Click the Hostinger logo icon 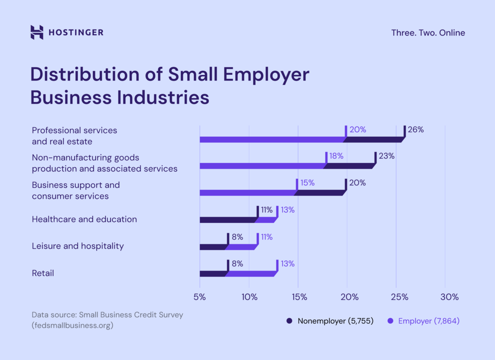[37, 32]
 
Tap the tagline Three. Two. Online [428, 33]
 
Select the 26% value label [415, 130]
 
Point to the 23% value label [386, 156]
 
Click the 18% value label [336, 156]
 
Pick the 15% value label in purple [307, 183]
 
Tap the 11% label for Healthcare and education [267, 210]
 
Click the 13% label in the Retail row [287, 264]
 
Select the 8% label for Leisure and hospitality [237, 237]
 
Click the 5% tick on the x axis [200, 297]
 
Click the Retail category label [43, 274]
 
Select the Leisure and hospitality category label [78, 246]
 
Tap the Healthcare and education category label [84, 219]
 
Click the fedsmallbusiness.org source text [73, 325]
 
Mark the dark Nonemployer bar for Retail [212, 274]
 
